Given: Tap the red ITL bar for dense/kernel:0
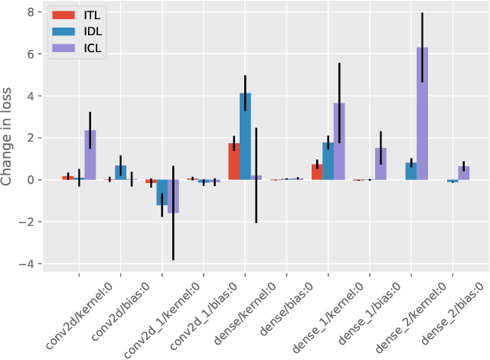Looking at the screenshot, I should [x=234, y=162].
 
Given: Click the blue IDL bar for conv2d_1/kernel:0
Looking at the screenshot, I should [x=162, y=192].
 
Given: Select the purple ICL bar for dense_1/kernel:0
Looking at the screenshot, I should [x=339, y=142].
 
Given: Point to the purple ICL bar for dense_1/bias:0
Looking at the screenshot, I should [x=381, y=164].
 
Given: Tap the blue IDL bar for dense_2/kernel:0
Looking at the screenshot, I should [x=411, y=171].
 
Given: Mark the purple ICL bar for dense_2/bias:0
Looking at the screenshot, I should [x=463, y=173].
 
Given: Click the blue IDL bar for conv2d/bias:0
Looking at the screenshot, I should [x=120, y=172].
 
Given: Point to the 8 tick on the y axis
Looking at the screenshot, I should [x=29, y=12].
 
